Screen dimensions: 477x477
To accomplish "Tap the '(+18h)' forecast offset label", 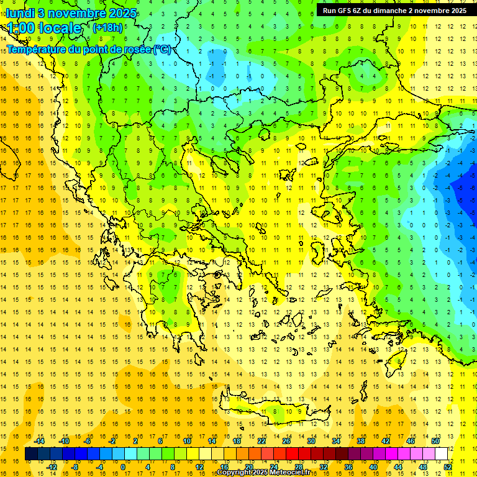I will click(107, 27).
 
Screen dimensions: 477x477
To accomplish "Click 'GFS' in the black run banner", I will click(345, 11).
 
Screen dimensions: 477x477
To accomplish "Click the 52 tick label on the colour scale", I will click(448, 467).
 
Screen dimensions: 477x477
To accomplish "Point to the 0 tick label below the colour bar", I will click(122, 467).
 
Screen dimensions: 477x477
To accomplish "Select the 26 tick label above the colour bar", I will click(286, 441).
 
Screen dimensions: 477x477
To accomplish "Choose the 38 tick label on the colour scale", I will click(360, 441).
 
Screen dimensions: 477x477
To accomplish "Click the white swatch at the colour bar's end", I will click(442, 454).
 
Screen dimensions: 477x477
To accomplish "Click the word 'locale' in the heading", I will click(60, 28).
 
